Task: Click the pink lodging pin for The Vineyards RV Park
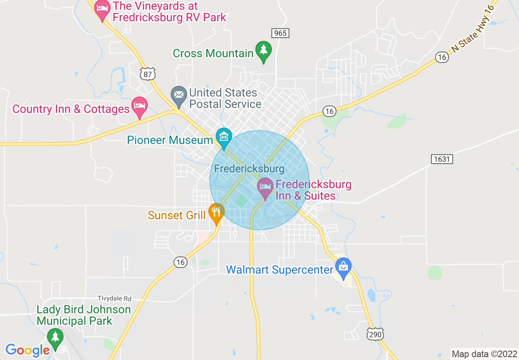coord(102,9)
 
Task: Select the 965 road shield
coord(280,33)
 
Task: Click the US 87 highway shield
coord(147,74)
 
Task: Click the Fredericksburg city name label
coord(249,169)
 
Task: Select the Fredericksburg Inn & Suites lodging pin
coord(265,187)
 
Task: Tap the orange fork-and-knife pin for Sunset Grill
coord(216,212)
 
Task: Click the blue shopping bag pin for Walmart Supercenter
coord(343,267)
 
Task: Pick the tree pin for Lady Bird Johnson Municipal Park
coord(54,338)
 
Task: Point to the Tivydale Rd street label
coord(115,299)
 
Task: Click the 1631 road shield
coord(442,159)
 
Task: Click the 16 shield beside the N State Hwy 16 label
coord(441,57)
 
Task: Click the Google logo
coord(27,350)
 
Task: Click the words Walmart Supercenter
coord(280,270)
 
